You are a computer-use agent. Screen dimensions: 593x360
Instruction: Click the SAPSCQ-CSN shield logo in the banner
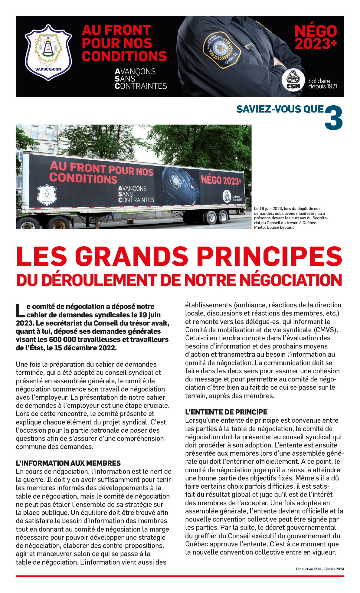click(x=48, y=53)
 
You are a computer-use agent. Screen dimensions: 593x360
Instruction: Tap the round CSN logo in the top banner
click(x=293, y=80)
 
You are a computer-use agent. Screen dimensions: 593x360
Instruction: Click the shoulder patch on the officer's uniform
click(x=221, y=48)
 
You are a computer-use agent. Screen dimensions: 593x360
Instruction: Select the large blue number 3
click(x=334, y=118)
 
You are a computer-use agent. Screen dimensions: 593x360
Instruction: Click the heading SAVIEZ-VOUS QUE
click(x=280, y=109)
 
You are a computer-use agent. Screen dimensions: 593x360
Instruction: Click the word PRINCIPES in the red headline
click(x=270, y=256)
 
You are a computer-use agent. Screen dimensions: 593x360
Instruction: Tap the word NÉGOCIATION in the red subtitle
click(x=291, y=280)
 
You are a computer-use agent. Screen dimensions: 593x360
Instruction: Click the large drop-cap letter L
click(x=21, y=311)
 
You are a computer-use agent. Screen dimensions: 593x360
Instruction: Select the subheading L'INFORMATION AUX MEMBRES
click(x=68, y=463)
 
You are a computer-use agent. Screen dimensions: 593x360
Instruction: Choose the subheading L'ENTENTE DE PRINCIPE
click(x=226, y=412)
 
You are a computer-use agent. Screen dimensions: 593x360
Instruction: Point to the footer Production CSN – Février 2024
click(x=320, y=569)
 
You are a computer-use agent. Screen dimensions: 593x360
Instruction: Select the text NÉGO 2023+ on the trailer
click(x=221, y=180)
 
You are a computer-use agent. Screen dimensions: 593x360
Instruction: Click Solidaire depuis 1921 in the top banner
click(x=322, y=84)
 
